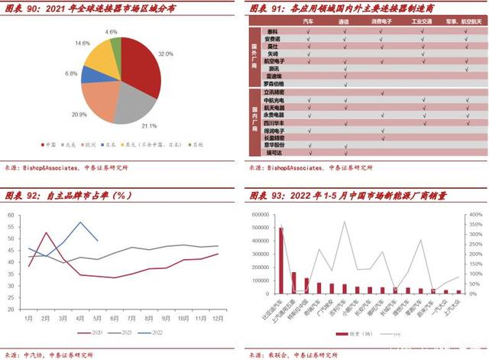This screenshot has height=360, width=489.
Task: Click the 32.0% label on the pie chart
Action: [166, 55]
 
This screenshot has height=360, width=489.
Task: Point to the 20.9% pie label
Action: [79, 114]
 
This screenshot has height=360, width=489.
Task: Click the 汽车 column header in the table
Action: [309, 23]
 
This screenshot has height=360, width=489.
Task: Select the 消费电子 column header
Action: [382, 23]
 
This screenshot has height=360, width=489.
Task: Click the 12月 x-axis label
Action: [218, 318]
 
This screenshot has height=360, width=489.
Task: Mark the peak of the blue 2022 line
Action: [80, 222]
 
